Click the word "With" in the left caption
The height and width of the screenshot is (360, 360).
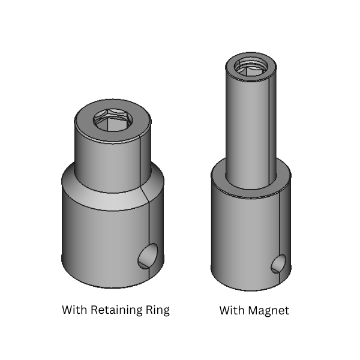pos(75,310)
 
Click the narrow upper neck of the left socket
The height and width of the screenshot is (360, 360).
pos(102,156)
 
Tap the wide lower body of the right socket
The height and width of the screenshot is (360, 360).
pos(240,240)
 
